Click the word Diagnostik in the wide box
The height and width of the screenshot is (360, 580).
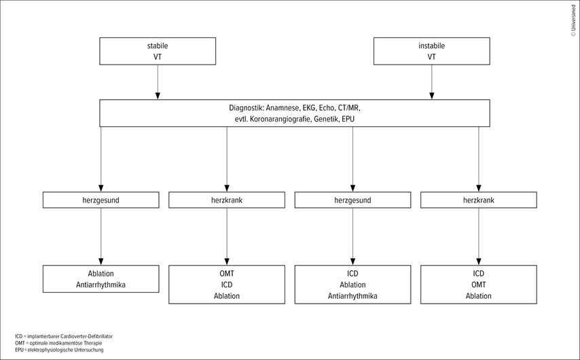coord(246,108)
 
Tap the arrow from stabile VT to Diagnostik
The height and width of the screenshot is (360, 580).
coord(158,82)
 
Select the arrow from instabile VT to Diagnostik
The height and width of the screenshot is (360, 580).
coord(432,82)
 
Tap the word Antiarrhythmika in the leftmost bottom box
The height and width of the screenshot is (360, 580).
coord(101,285)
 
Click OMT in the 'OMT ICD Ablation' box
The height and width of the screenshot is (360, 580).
coord(227,274)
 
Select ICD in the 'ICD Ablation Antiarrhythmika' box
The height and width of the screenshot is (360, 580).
coord(352,274)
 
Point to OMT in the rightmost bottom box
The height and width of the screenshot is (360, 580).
coord(479,285)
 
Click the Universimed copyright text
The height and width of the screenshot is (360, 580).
coord(573,21)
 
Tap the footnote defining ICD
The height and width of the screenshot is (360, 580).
coord(64,337)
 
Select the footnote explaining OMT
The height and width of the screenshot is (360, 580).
coord(58,343)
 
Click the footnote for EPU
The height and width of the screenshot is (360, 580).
coord(59,350)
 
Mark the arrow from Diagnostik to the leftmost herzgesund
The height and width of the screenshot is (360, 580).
coord(101,159)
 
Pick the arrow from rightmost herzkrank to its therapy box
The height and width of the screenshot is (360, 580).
coord(479,237)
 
